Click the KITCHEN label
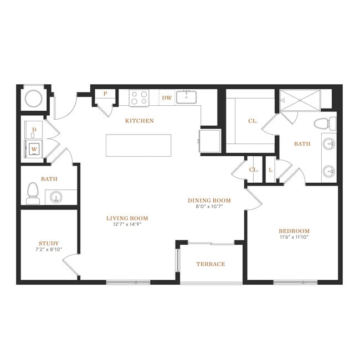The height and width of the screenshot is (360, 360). click(x=140, y=121)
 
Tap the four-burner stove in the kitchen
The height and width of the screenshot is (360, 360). click(x=139, y=98)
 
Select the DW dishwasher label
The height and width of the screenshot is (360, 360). click(x=167, y=98)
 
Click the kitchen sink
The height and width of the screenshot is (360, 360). click(x=186, y=97)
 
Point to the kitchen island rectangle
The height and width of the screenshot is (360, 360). click(x=138, y=145)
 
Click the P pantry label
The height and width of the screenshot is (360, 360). click(x=105, y=94)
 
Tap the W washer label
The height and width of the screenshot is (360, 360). click(x=34, y=149)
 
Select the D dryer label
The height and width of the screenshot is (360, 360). click(x=34, y=130)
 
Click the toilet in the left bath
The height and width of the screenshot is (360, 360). click(x=33, y=193)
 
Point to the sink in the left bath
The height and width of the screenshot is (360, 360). click(x=56, y=197)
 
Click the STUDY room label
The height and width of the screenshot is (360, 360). click(x=49, y=243)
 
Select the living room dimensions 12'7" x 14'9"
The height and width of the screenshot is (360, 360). click(x=127, y=224)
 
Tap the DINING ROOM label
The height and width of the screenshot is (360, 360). click(x=209, y=200)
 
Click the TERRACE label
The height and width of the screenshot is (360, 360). click(x=210, y=264)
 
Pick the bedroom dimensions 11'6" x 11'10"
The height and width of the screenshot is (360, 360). click(x=294, y=237)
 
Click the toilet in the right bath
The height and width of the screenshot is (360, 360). click(x=325, y=124)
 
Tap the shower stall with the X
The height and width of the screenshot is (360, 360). click(x=300, y=100)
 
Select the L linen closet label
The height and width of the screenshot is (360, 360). click(x=271, y=170)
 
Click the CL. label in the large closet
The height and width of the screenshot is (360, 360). click(x=253, y=121)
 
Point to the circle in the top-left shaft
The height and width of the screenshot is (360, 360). click(x=34, y=99)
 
